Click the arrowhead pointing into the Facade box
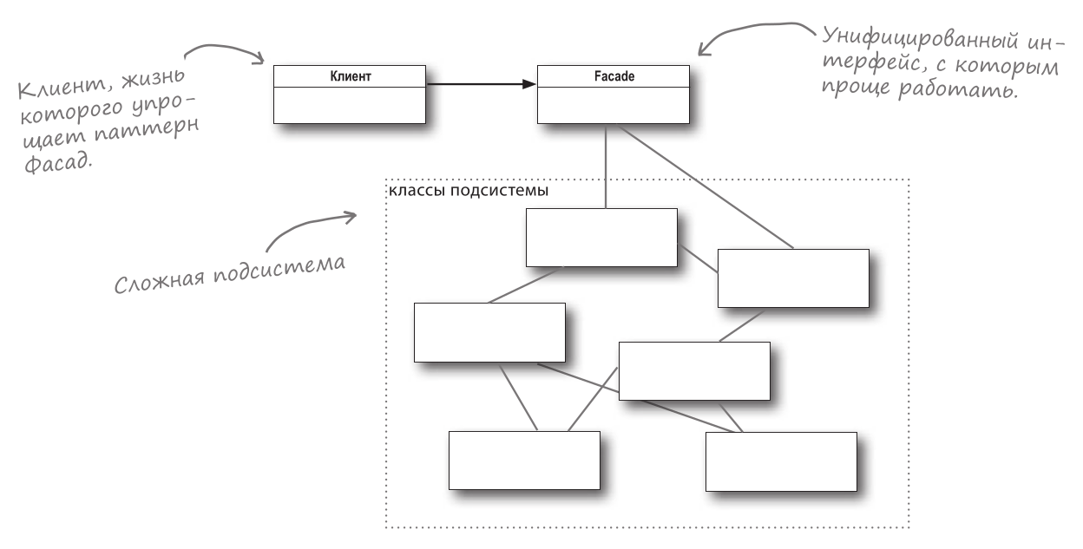(530, 85)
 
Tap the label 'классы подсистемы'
(467, 191)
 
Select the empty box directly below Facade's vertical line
(601, 237)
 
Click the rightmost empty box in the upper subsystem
(792, 278)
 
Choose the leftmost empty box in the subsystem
(489, 332)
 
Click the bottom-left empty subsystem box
(523, 460)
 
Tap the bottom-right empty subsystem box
(780, 461)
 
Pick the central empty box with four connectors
(693, 370)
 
